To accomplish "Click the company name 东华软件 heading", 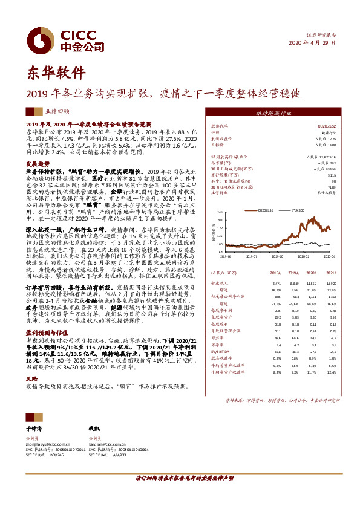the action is click(x=55, y=73).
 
